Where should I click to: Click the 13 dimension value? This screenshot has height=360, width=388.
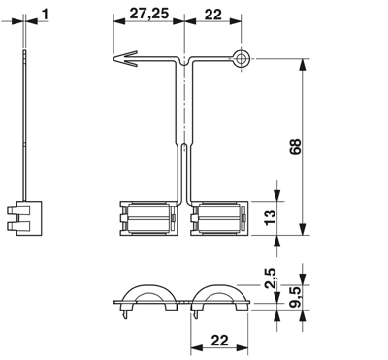tap(271, 216)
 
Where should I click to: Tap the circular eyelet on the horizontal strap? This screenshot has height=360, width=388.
tap(241, 60)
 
